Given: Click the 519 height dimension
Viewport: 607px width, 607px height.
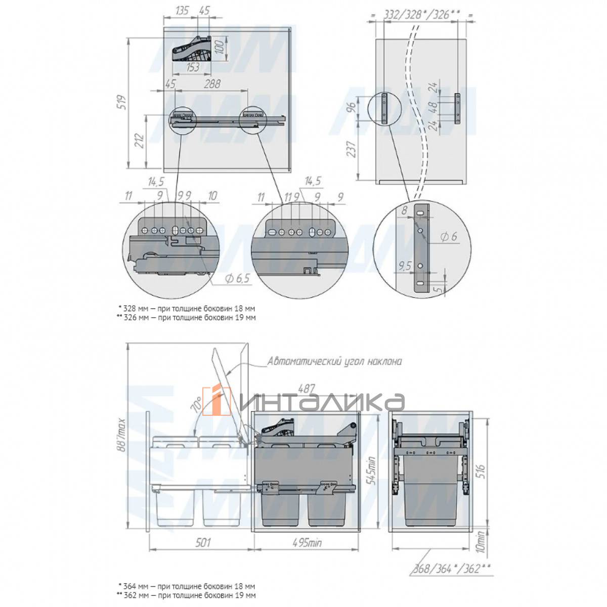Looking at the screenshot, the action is [x=122, y=102].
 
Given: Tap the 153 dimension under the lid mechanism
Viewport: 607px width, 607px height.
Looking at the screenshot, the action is [x=192, y=67].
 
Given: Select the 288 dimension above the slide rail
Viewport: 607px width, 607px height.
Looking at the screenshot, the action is [x=212, y=84].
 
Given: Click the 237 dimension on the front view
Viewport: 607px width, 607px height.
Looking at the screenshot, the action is [x=352, y=149].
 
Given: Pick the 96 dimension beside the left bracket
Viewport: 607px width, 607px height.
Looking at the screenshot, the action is [x=352, y=107].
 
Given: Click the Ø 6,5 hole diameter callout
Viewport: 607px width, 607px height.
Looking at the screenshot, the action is [x=238, y=278].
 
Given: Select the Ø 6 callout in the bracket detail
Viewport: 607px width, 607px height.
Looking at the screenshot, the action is [x=449, y=236].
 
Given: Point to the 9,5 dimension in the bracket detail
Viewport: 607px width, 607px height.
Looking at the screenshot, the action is [x=405, y=266].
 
